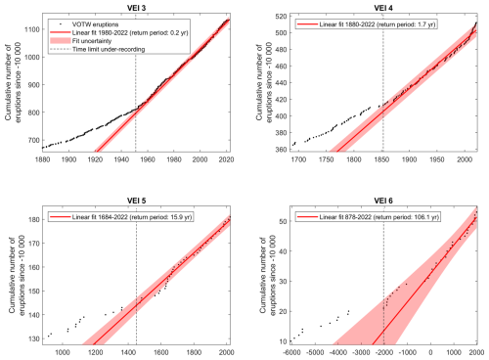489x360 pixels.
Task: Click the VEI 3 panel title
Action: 136,8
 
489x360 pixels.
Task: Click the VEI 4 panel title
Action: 383,8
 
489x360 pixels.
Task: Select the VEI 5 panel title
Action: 136,201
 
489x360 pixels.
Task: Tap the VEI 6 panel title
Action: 383,201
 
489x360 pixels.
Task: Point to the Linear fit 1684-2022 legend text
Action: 132,217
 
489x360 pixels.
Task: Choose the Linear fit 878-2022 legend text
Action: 379,217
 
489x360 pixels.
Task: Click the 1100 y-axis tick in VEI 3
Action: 32,29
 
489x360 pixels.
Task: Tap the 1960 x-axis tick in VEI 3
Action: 148,159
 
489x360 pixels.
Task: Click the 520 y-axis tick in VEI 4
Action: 282,17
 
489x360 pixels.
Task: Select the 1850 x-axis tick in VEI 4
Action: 381,159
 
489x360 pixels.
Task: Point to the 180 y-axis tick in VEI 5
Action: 34,219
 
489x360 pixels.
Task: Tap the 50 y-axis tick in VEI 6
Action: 283,221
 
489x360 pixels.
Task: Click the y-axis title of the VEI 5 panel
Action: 17,276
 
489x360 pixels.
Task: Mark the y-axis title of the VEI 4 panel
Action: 264,83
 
